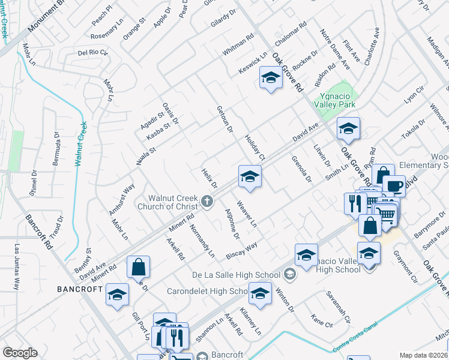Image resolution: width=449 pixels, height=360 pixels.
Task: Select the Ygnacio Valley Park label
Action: point(336,99)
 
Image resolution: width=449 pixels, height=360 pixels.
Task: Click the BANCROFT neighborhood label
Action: point(79,289)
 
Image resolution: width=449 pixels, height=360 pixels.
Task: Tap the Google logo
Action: point(20,352)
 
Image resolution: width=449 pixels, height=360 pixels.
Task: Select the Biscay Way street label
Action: point(242,251)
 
